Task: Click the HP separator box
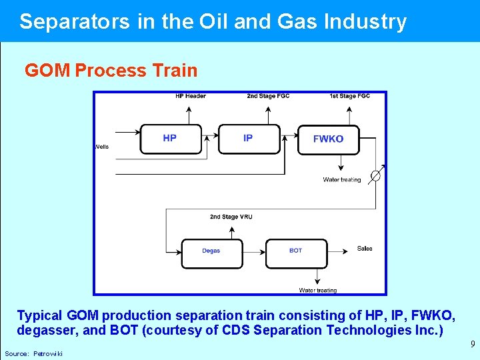[170, 139]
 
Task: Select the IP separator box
[249, 139]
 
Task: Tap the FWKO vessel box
[328, 139]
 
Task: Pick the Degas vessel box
[211, 251]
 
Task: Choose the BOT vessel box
[296, 251]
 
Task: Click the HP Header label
[191, 96]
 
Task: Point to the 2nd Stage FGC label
[269, 96]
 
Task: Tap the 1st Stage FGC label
[349, 96]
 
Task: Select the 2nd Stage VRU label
[231, 217]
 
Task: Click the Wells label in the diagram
[102, 147]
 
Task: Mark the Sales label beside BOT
[365, 249]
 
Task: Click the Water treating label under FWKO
[342, 179]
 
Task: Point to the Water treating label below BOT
[318, 290]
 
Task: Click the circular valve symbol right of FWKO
[375, 175]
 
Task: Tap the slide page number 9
[473, 345]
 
